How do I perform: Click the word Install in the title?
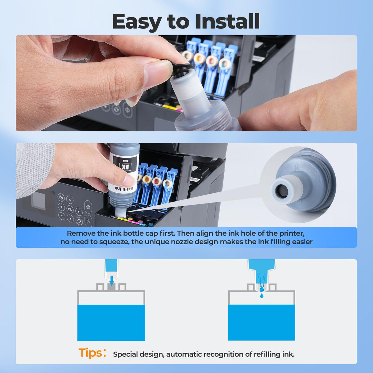[x=227, y=22]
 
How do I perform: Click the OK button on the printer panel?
[x=70, y=209]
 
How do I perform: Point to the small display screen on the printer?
[x=38, y=201]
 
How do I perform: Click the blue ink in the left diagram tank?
[x=111, y=323]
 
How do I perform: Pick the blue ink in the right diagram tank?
[x=261, y=323]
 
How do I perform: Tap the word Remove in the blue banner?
[x=81, y=233]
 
